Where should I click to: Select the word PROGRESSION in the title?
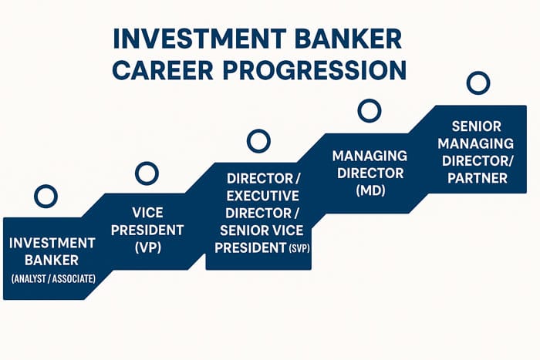click(324, 69)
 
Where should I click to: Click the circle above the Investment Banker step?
click(46, 196)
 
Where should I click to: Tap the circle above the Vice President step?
click(147, 173)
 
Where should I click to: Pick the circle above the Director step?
click(258, 141)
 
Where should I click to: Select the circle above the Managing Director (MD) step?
click(370, 111)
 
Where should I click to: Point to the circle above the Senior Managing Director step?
click(478, 82)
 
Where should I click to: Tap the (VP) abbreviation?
click(147, 247)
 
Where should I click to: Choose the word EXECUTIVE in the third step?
click(258, 195)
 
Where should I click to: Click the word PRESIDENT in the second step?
click(147, 229)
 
